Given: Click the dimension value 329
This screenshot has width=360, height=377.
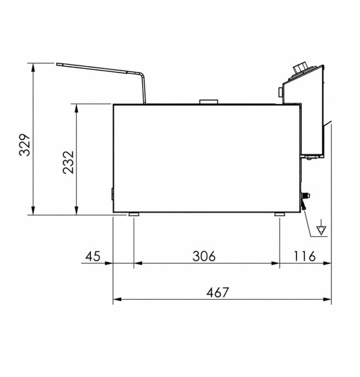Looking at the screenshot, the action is (24, 145).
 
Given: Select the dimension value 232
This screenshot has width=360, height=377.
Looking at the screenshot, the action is (68, 162).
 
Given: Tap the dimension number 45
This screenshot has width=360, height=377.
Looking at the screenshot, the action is (92, 256).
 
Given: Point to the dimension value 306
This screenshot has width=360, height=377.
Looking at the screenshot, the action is (204, 256).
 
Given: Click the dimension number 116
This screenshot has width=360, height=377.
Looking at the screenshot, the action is (304, 256).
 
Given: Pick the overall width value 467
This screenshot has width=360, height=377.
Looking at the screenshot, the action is (217, 293).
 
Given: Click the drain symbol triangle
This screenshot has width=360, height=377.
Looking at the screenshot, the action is (321, 230).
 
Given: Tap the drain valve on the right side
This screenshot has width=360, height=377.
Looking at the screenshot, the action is (304, 201).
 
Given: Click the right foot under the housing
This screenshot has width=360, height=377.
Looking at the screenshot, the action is (279, 214).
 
